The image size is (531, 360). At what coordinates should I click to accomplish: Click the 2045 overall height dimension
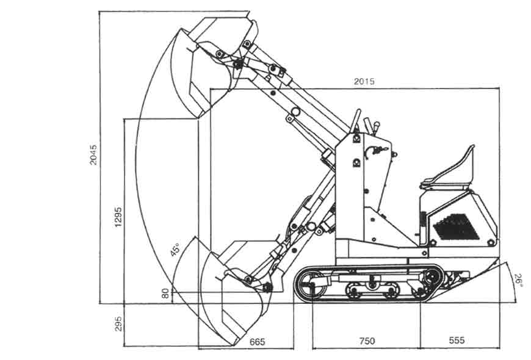[93, 155]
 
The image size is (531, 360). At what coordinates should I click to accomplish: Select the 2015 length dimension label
[364, 81]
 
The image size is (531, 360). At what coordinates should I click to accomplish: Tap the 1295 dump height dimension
[118, 217]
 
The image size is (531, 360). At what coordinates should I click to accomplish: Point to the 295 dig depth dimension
[118, 324]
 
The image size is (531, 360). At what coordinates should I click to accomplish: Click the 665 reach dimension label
[257, 342]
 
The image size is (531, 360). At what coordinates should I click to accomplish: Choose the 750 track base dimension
[367, 340]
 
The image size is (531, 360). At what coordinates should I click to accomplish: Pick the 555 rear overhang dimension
[457, 340]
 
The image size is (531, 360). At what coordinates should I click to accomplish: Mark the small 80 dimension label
[165, 293]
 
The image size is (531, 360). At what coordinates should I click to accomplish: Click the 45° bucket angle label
[175, 249]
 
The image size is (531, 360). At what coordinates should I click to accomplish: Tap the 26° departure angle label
[518, 280]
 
